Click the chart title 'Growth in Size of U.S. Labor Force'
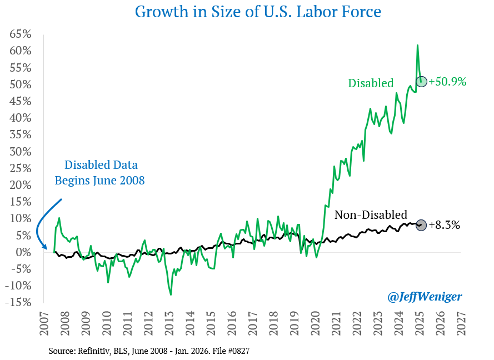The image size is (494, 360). pos(247,12)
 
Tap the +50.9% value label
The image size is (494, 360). pos(447,82)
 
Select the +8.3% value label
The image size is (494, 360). pos(445,226)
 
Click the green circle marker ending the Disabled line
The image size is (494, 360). pos(421,81)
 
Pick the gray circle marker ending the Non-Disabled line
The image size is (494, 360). pos(421,225)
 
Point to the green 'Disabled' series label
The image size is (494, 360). pos(371,83)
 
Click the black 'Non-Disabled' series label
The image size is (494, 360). pos(371,215)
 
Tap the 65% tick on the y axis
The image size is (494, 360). pos(19,34)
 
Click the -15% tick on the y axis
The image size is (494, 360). pos(18,302)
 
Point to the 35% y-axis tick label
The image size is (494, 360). pos(19,134)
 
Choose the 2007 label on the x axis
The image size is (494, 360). pos(44,323)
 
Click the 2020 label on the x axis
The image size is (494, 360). pos(315,323)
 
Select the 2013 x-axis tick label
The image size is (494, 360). pos(169,323)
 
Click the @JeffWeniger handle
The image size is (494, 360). pos(424,297)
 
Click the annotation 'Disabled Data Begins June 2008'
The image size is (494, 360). pos(101,172)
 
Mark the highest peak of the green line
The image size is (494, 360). pos(417,45)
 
